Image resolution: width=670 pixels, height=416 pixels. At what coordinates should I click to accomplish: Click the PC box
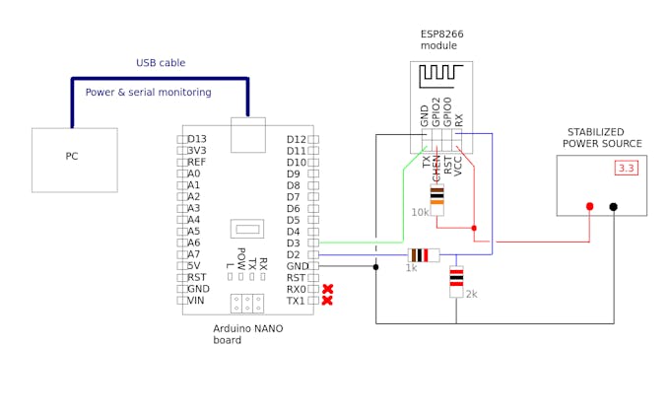click(74, 160)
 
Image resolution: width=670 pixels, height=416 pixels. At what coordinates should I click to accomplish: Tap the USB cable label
click(161, 63)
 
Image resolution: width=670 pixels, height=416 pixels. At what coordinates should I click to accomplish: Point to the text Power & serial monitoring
click(148, 93)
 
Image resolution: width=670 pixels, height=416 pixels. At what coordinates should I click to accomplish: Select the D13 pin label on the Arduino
click(197, 139)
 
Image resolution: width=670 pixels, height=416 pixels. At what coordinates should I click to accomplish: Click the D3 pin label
click(294, 243)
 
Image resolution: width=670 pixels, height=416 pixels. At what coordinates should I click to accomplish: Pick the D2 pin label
click(294, 254)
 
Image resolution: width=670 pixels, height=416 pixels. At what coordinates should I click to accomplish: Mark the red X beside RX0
click(327, 289)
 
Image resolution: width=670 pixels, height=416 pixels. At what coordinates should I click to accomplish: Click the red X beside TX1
click(327, 301)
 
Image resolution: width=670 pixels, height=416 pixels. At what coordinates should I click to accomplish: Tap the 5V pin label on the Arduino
click(195, 266)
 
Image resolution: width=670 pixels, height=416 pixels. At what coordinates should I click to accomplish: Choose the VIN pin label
click(196, 301)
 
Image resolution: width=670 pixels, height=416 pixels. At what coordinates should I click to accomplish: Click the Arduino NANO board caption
click(248, 334)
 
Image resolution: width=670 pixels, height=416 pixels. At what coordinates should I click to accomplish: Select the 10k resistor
click(437, 199)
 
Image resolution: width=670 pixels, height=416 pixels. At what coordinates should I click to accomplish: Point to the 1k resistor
click(424, 254)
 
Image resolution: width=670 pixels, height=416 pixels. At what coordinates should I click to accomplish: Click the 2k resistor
click(456, 281)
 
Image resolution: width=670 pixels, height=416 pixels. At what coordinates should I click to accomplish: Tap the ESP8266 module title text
click(441, 39)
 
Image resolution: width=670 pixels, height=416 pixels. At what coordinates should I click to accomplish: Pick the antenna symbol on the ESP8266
click(441, 76)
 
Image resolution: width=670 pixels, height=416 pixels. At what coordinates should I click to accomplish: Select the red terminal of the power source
click(589, 206)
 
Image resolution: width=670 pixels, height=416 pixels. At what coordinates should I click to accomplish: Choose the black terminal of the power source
click(613, 206)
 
